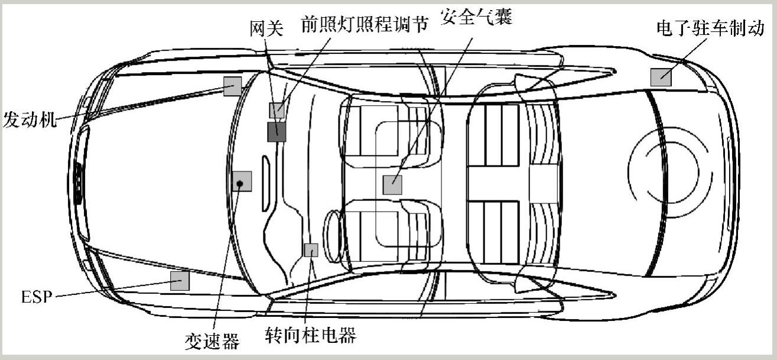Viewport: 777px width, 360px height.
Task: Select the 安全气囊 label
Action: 477,17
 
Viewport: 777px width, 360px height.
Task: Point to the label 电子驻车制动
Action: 714,28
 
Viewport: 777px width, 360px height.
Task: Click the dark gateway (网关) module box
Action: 276,132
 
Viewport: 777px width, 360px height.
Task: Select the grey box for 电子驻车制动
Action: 661,77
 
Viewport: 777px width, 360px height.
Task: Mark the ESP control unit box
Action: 180,281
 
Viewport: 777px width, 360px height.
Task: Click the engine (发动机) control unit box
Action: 232,86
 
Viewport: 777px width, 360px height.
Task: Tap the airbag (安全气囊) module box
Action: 392,185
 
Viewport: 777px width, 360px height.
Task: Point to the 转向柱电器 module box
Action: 311,250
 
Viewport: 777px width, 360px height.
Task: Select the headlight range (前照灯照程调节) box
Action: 277,110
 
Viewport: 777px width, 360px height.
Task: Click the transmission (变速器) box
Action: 242,181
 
